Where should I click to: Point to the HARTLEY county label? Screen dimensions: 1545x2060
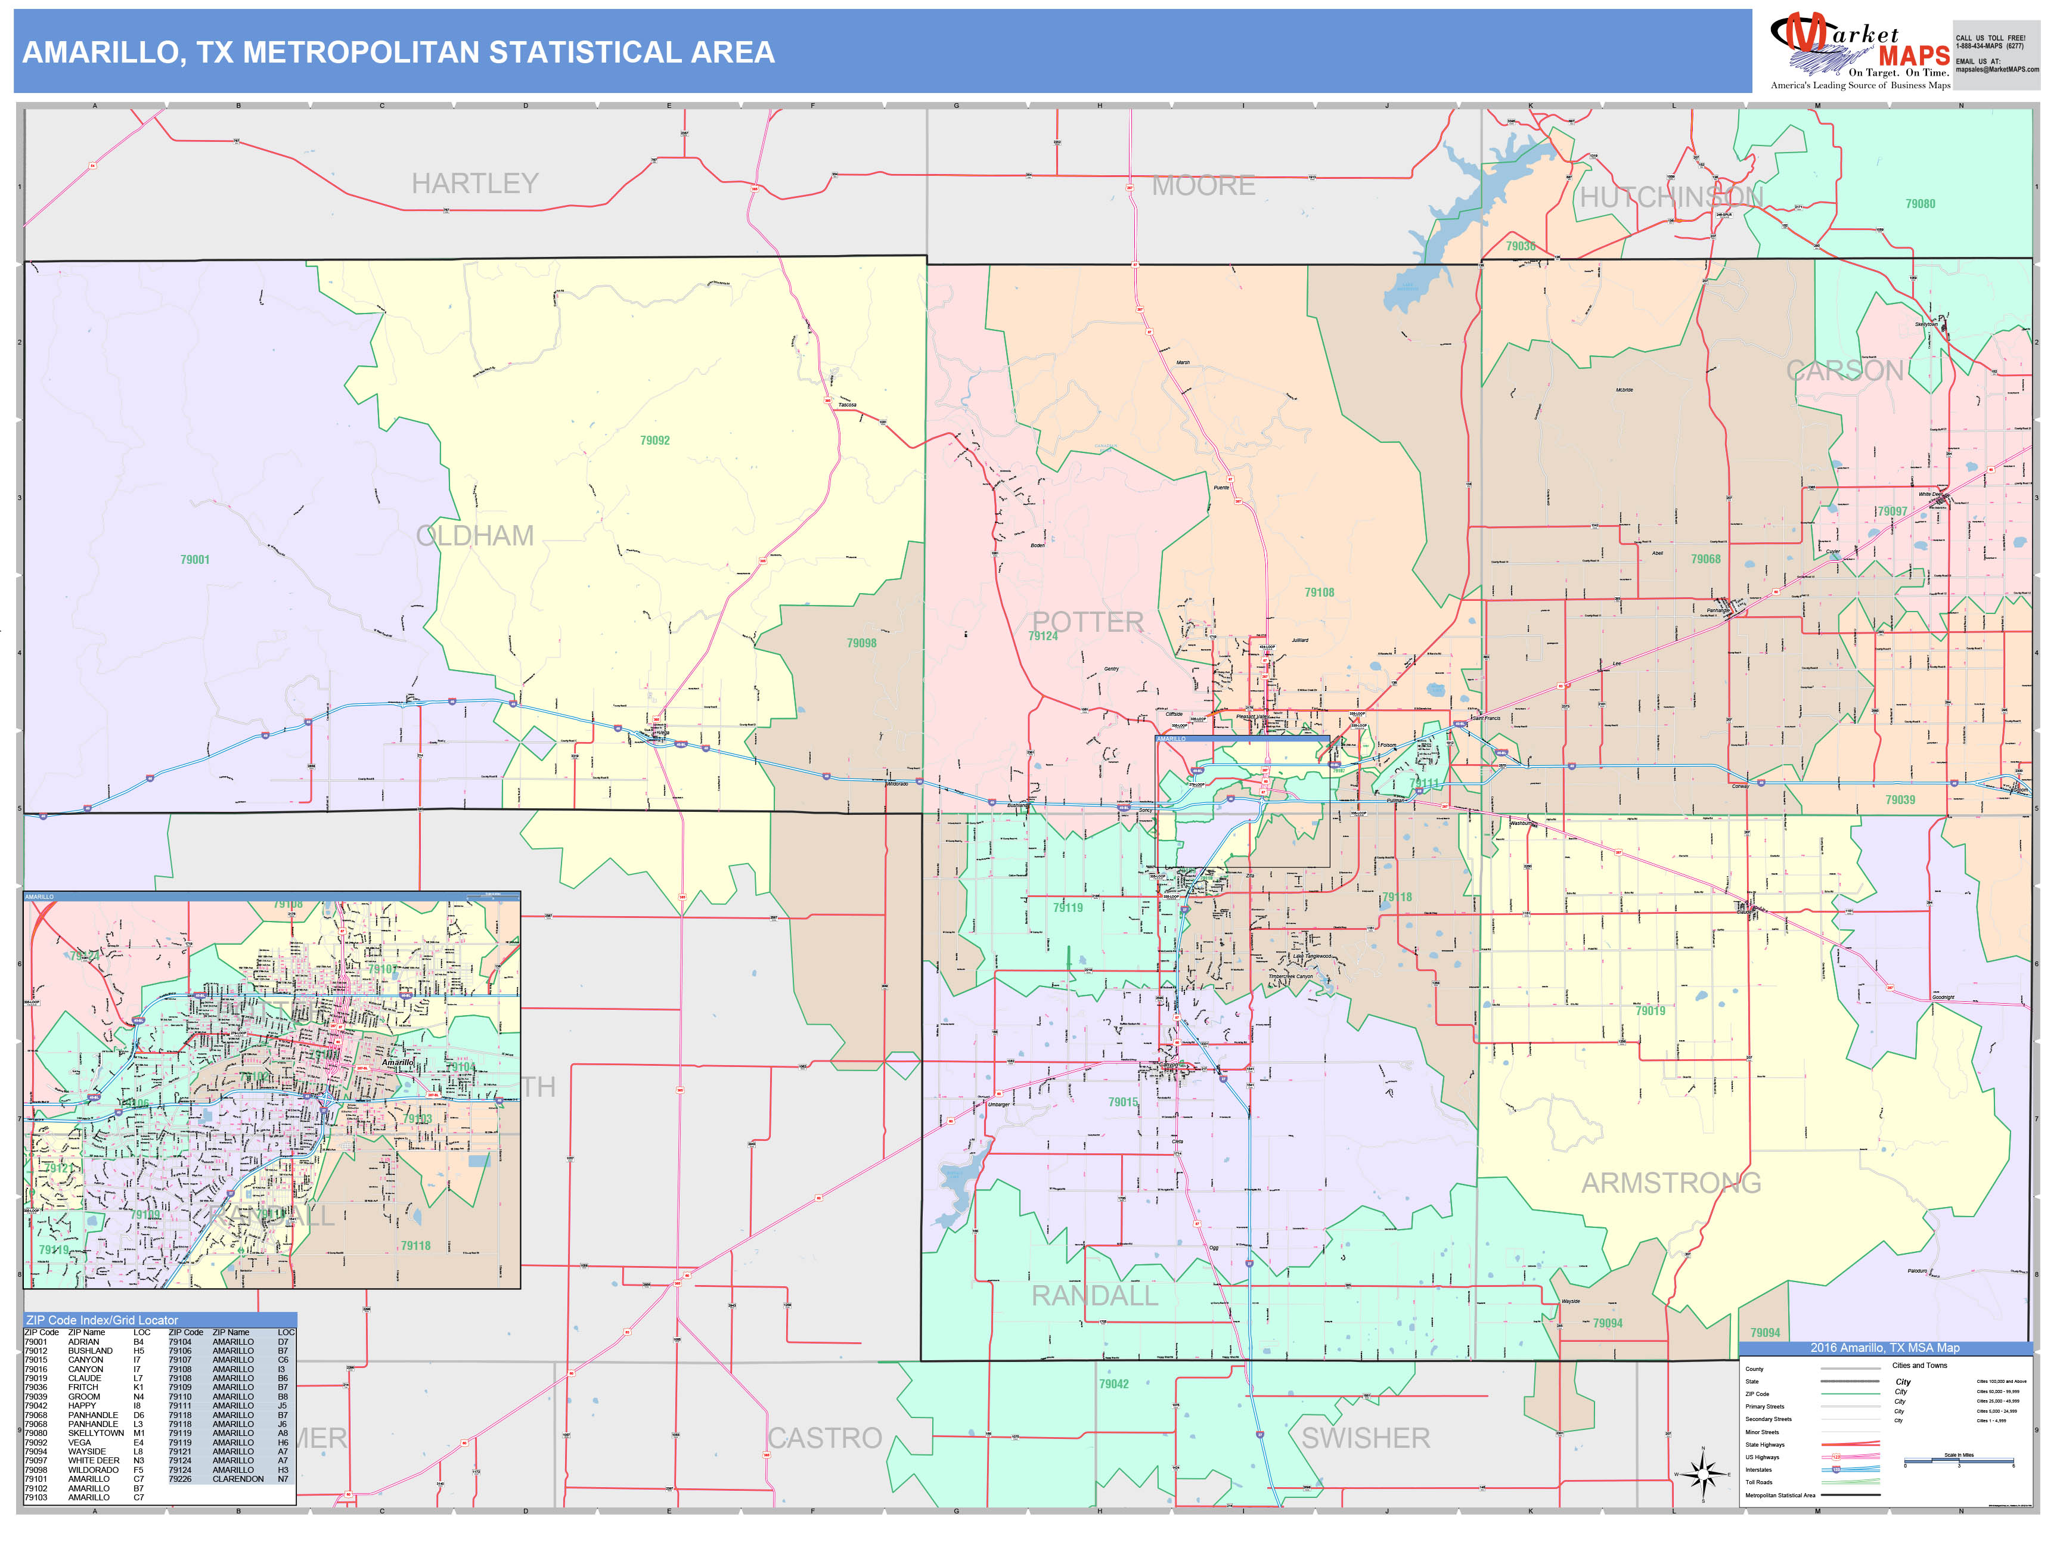pos(475,184)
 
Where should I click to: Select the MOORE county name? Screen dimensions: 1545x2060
pos(1203,186)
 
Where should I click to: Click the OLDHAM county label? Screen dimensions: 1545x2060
pos(475,535)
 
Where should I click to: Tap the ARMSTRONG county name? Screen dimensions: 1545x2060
pos(1671,1183)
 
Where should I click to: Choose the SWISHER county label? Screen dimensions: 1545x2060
pos(1365,1438)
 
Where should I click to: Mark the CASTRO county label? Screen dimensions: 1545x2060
pos(825,1438)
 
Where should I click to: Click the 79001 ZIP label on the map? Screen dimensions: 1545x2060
pos(195,560)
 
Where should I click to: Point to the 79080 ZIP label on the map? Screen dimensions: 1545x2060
pos(1921,204)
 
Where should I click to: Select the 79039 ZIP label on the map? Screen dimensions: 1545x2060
pos(1900,800)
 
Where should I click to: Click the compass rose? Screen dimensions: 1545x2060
pos(1704,1474)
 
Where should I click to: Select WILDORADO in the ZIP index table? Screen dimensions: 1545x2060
pos(93,1469)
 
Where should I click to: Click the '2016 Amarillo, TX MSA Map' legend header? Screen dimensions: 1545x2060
pos(1884,1348)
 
